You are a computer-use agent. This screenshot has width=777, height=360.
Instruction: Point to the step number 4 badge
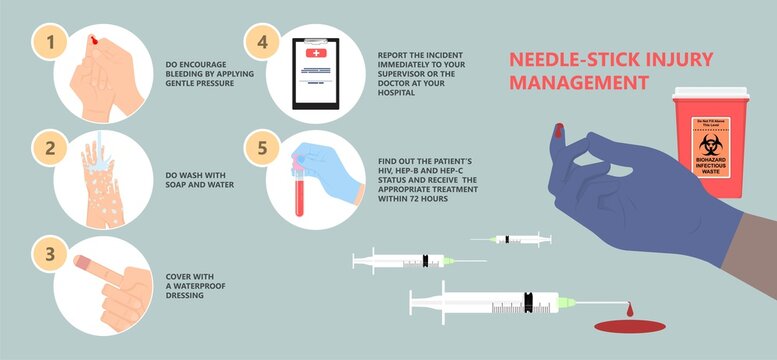point(262,43)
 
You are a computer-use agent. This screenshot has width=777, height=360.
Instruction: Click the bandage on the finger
point(89,267)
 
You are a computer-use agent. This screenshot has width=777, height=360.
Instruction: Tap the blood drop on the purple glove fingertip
point(557,130)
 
